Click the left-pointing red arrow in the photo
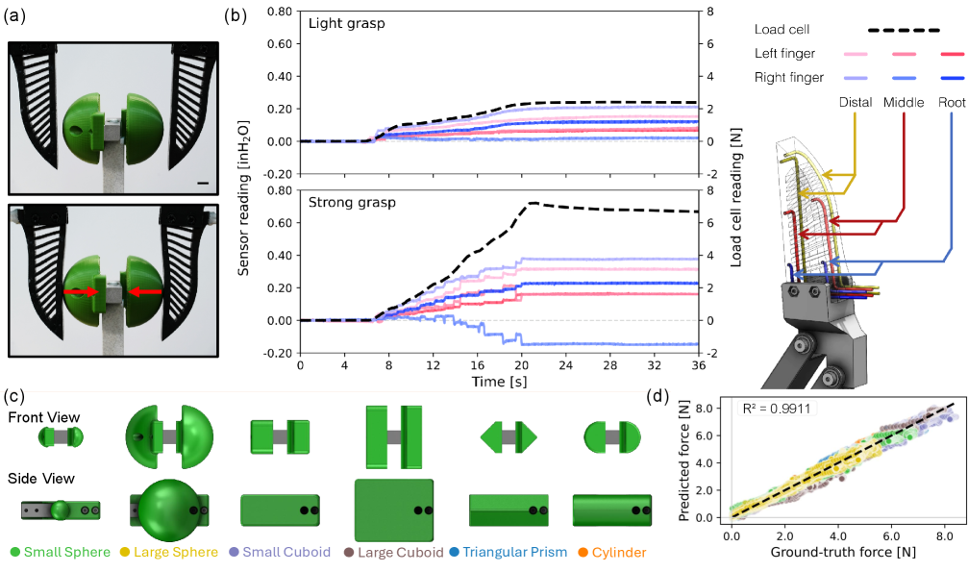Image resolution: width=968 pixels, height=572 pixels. coord(144,290)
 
